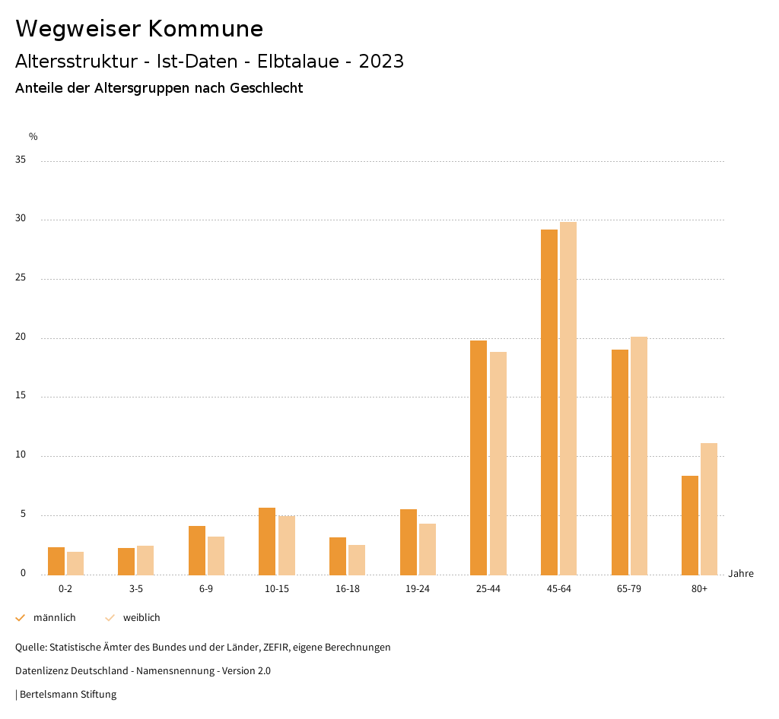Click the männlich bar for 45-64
[549, 402]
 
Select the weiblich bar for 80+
[709, 508]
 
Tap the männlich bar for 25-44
[479, 458]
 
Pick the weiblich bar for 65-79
[639, 455]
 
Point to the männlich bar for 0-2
[56, 561]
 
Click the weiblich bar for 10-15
[287, 545]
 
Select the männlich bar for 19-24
[409, 542]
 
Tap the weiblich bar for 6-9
[216, 556]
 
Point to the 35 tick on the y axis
[21, 160]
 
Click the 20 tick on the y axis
[21, 337]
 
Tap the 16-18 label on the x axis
[348, 589]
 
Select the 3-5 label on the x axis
[136, 589]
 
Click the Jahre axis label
[741, 574]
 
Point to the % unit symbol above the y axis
[33, 137]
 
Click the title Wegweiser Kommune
[139, 29]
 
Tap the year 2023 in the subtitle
[381, 62]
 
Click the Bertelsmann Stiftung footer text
[68, 694]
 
